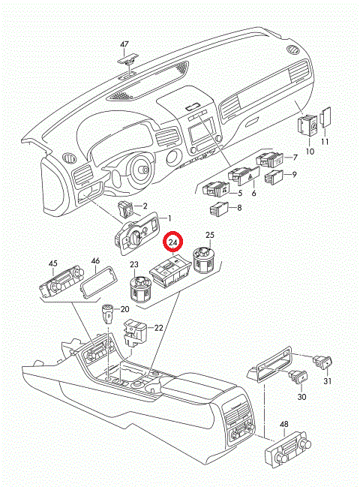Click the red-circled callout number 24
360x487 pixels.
[173, 242]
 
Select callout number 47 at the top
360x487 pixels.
[124, 44]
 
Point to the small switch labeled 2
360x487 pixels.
[125, 209]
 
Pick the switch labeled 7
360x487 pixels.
[270, 159]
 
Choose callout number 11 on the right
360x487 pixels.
[325, 141]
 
